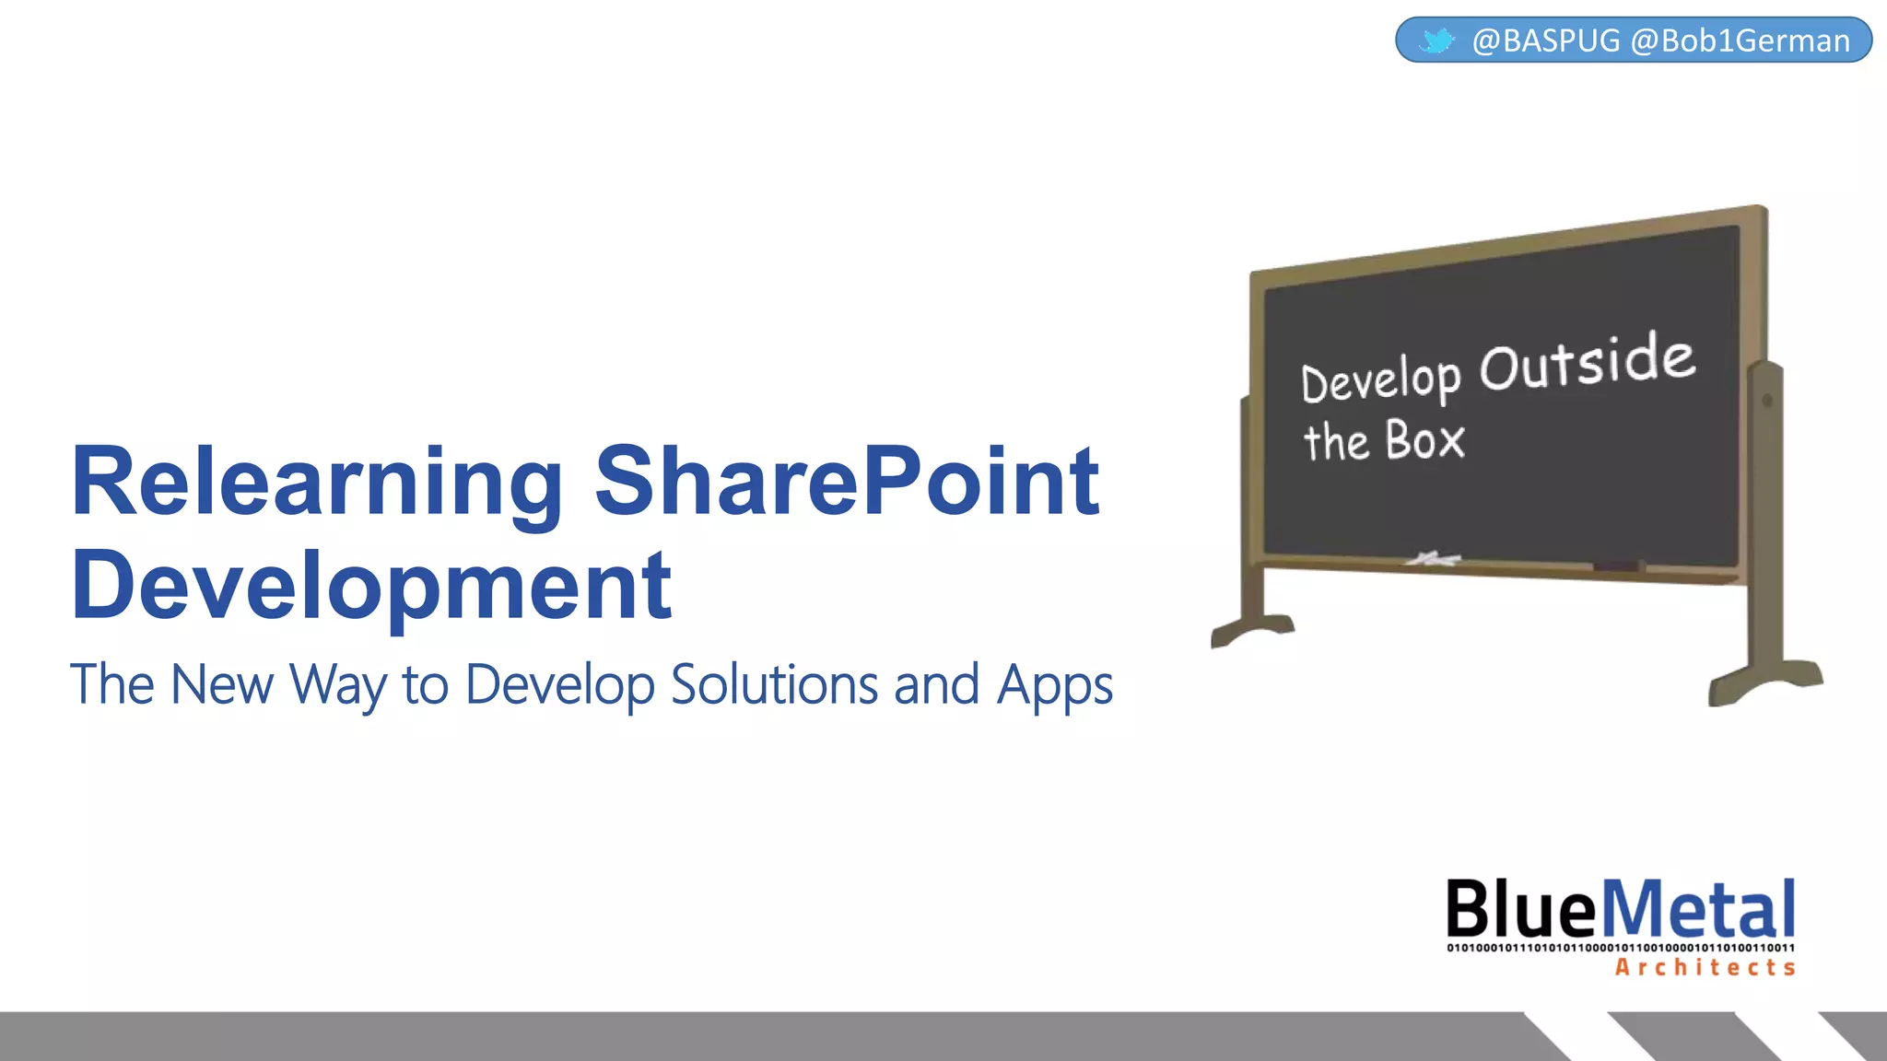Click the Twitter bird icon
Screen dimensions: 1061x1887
tap(1436, 41)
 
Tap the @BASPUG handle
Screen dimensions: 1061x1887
tap(1546, 41)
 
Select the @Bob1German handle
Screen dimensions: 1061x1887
tap(1740, 41)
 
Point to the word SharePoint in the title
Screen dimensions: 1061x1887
tap(847, 480)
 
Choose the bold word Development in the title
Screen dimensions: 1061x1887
tap(371, 586)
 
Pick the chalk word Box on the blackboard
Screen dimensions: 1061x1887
tap(1424, 440)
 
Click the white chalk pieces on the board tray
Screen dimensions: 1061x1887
tap(1433, 558)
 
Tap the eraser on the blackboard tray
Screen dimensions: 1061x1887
tap(1619, 566)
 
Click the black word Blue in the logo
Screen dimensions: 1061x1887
tap(1520, 909)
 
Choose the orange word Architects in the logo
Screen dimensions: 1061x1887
tap(1705, 967)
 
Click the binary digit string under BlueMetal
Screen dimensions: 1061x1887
tap(1621, 948)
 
